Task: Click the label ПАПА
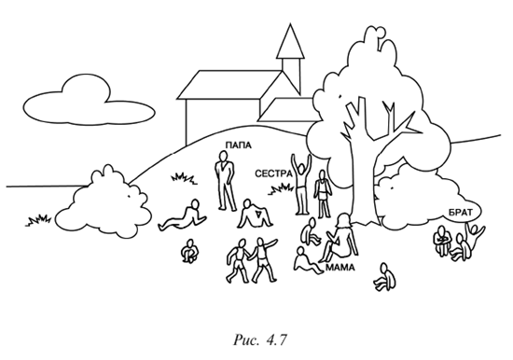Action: [x=239, y=145]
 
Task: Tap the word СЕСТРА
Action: [x=273, y=173]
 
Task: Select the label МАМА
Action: [x=340, y=268]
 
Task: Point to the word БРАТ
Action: [x=461, y=213]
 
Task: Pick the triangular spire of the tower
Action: [x=290, y=41]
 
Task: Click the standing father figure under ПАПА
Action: [x=225, y=181]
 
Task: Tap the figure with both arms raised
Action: [x=300, y=185]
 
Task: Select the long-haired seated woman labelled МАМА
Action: [x=340, y=238]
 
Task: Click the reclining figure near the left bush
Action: [x=183, y=216]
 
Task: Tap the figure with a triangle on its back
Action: [x=256, y=214]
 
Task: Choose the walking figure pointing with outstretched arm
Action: [x=262, y=259]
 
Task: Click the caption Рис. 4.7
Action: [x=260, y=340]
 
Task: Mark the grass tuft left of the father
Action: [x=184, y=178]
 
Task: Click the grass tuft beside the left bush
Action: [x=38, y=221]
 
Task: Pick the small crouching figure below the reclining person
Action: [x=189, y=251]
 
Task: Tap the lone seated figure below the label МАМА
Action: [x=385, y=277]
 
